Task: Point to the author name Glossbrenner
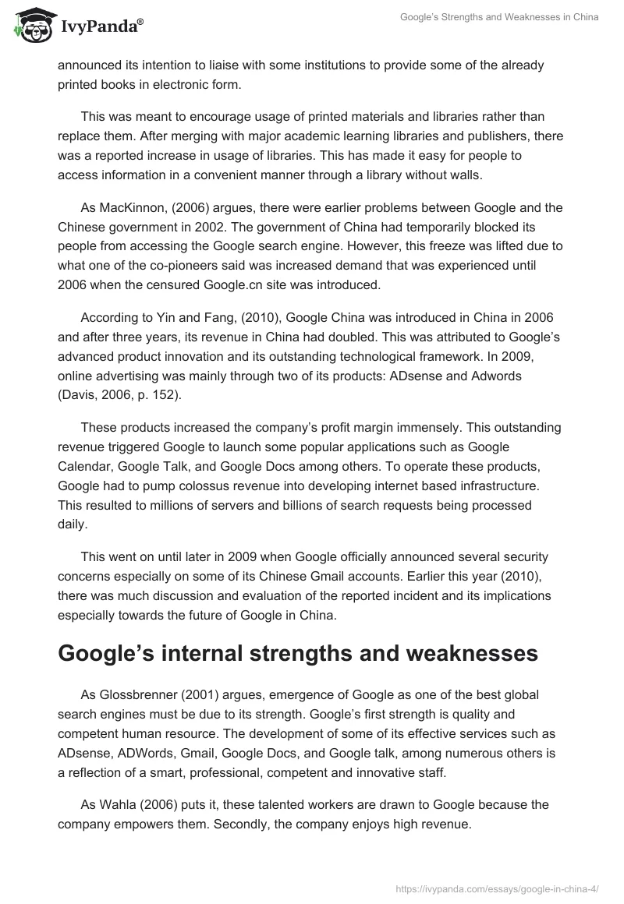pos(137,694)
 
